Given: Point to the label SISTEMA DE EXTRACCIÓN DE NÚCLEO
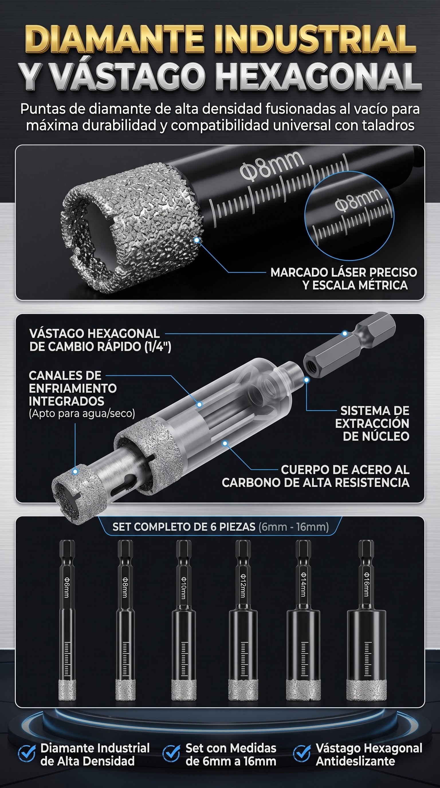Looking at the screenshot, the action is point(372,423).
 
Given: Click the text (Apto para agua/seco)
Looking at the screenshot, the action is point(82,414).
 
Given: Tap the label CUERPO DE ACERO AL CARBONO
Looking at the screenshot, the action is point(315,476).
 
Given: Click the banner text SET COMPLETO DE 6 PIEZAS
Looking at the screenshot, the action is point(184,527).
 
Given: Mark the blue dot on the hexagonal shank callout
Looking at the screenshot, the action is point(345,333).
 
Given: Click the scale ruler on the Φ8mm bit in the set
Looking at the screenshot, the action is point(125,659).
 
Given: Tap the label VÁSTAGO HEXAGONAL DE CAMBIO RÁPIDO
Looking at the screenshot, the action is point(100,340).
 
